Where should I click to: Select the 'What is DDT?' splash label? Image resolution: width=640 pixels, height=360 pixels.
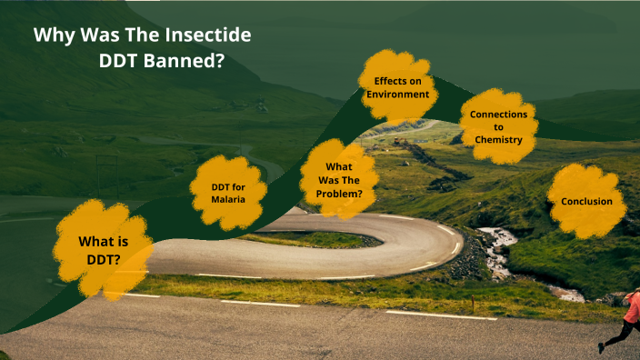pos(103,249)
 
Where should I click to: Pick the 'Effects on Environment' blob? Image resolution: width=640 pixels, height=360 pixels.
pos(397,87)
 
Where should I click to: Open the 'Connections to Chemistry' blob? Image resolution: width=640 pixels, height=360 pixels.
pos(498,127)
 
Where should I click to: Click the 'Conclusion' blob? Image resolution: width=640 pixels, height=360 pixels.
pos(586,201)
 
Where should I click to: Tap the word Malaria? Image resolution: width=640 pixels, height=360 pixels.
pos(227,199)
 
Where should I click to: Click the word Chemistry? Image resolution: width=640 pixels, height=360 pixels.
pos(498,140)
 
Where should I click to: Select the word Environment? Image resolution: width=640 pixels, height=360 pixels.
pos(397,94)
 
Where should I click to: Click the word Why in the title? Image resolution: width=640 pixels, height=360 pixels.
pos(52,35)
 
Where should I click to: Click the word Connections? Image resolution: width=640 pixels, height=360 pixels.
pos(498,115)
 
